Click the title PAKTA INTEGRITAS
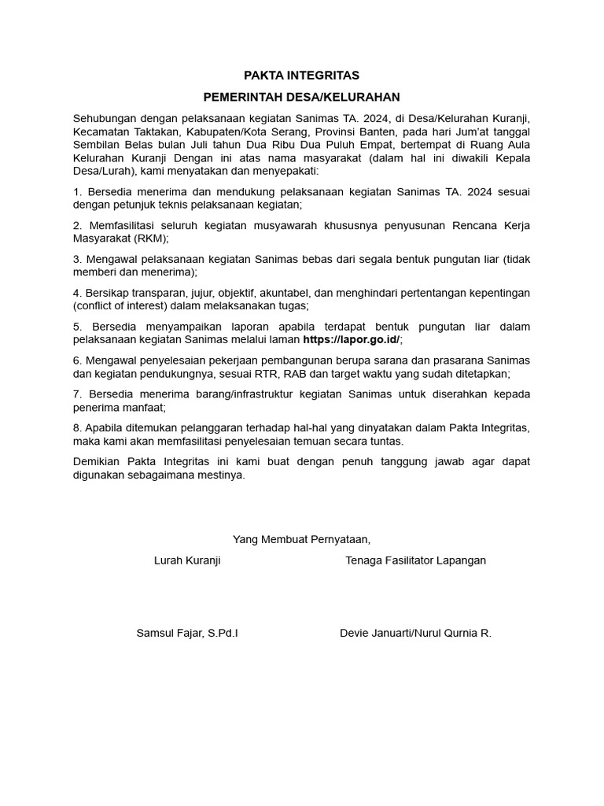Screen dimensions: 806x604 301,76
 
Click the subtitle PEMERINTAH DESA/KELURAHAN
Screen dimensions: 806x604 301,97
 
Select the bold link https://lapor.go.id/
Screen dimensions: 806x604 352,339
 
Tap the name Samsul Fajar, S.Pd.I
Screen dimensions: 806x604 187,633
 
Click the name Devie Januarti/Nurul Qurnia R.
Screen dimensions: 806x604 415,633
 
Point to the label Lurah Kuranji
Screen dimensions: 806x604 187,560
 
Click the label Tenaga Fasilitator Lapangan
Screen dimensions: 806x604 415,560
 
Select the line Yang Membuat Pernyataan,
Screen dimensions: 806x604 301,539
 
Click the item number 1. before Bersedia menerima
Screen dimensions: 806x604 77,192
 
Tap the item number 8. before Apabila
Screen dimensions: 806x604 77,427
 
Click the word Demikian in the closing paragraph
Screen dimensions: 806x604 95,461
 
